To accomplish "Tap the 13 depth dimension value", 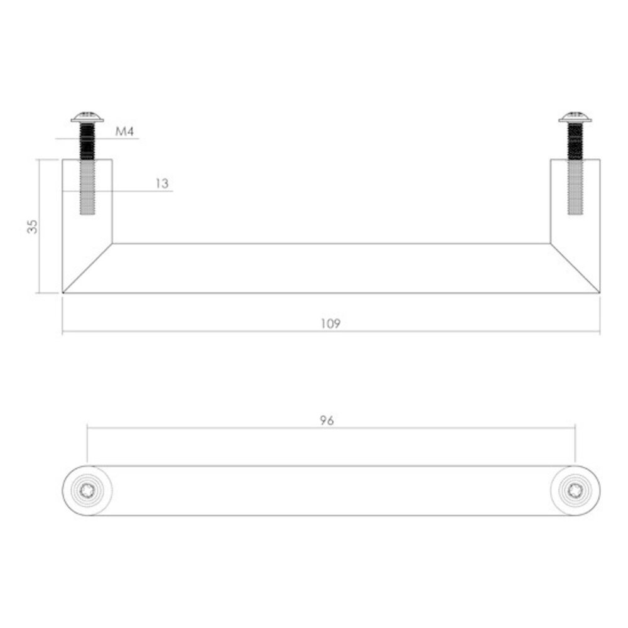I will pos(161,183).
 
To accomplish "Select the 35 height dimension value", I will pos(33,226).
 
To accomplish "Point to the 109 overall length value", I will pos(330,324).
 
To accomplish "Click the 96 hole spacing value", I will pos(326,421).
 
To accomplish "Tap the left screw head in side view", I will pos(87,117).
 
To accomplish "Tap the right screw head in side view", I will pos(575,117).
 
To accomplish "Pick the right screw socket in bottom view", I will pos(575,490).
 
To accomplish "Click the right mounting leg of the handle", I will pos(590,207).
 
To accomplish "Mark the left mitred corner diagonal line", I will pos(87,268).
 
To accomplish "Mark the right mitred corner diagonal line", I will pos(575,268).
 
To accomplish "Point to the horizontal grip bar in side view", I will pos(331,268).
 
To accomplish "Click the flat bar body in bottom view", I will pos(331,490).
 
